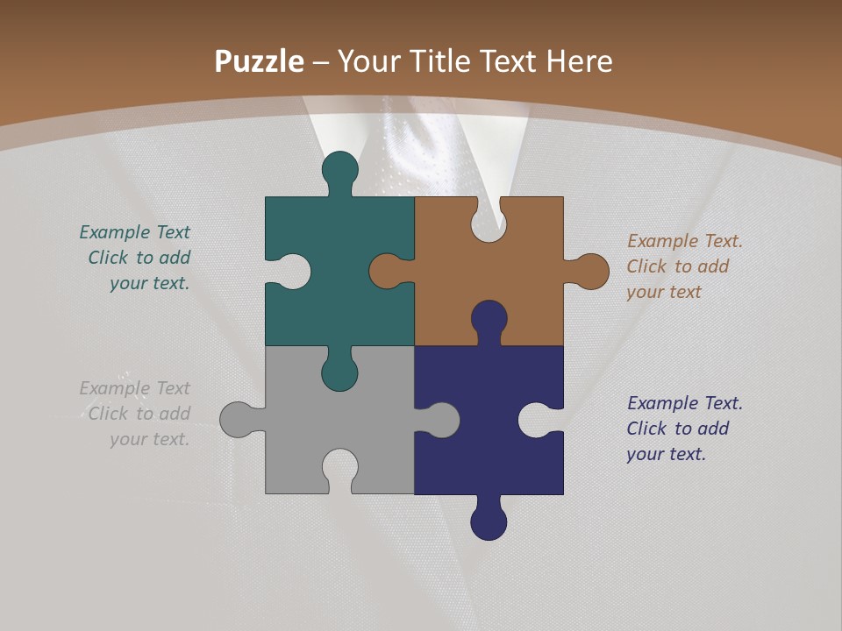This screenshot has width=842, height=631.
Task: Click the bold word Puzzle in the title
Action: point(260,61)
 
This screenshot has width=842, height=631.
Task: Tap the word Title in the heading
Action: point(437,61)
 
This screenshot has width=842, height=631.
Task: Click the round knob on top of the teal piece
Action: point(339,168)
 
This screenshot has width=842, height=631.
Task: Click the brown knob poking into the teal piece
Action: point(386,271)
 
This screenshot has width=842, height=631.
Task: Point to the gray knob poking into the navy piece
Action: point(442,420)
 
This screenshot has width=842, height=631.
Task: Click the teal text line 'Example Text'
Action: point(134,232)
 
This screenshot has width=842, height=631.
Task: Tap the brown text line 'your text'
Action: point(664,292)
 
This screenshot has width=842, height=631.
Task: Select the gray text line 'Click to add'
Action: point(139,414)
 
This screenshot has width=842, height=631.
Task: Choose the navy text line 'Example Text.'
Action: point(685,403)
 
